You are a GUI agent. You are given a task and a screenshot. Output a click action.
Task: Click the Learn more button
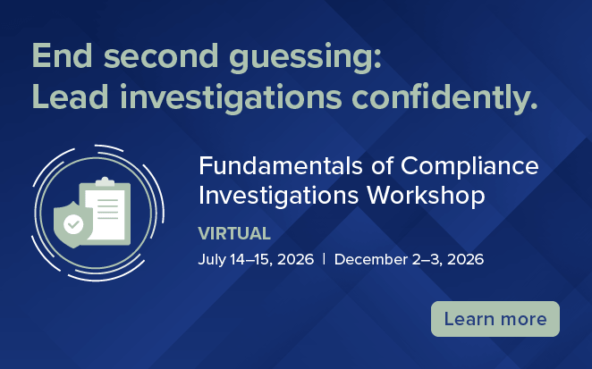click(495, 319)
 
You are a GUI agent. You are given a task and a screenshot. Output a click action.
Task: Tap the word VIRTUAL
click(234, 234)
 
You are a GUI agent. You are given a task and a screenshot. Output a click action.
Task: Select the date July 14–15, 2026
click(256, 260)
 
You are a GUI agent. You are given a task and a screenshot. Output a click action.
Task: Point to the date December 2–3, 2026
click(409, 260)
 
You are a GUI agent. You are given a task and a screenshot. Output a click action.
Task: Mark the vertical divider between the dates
click(324, 260)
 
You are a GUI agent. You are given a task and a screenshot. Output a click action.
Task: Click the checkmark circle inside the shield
click(72, 223)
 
